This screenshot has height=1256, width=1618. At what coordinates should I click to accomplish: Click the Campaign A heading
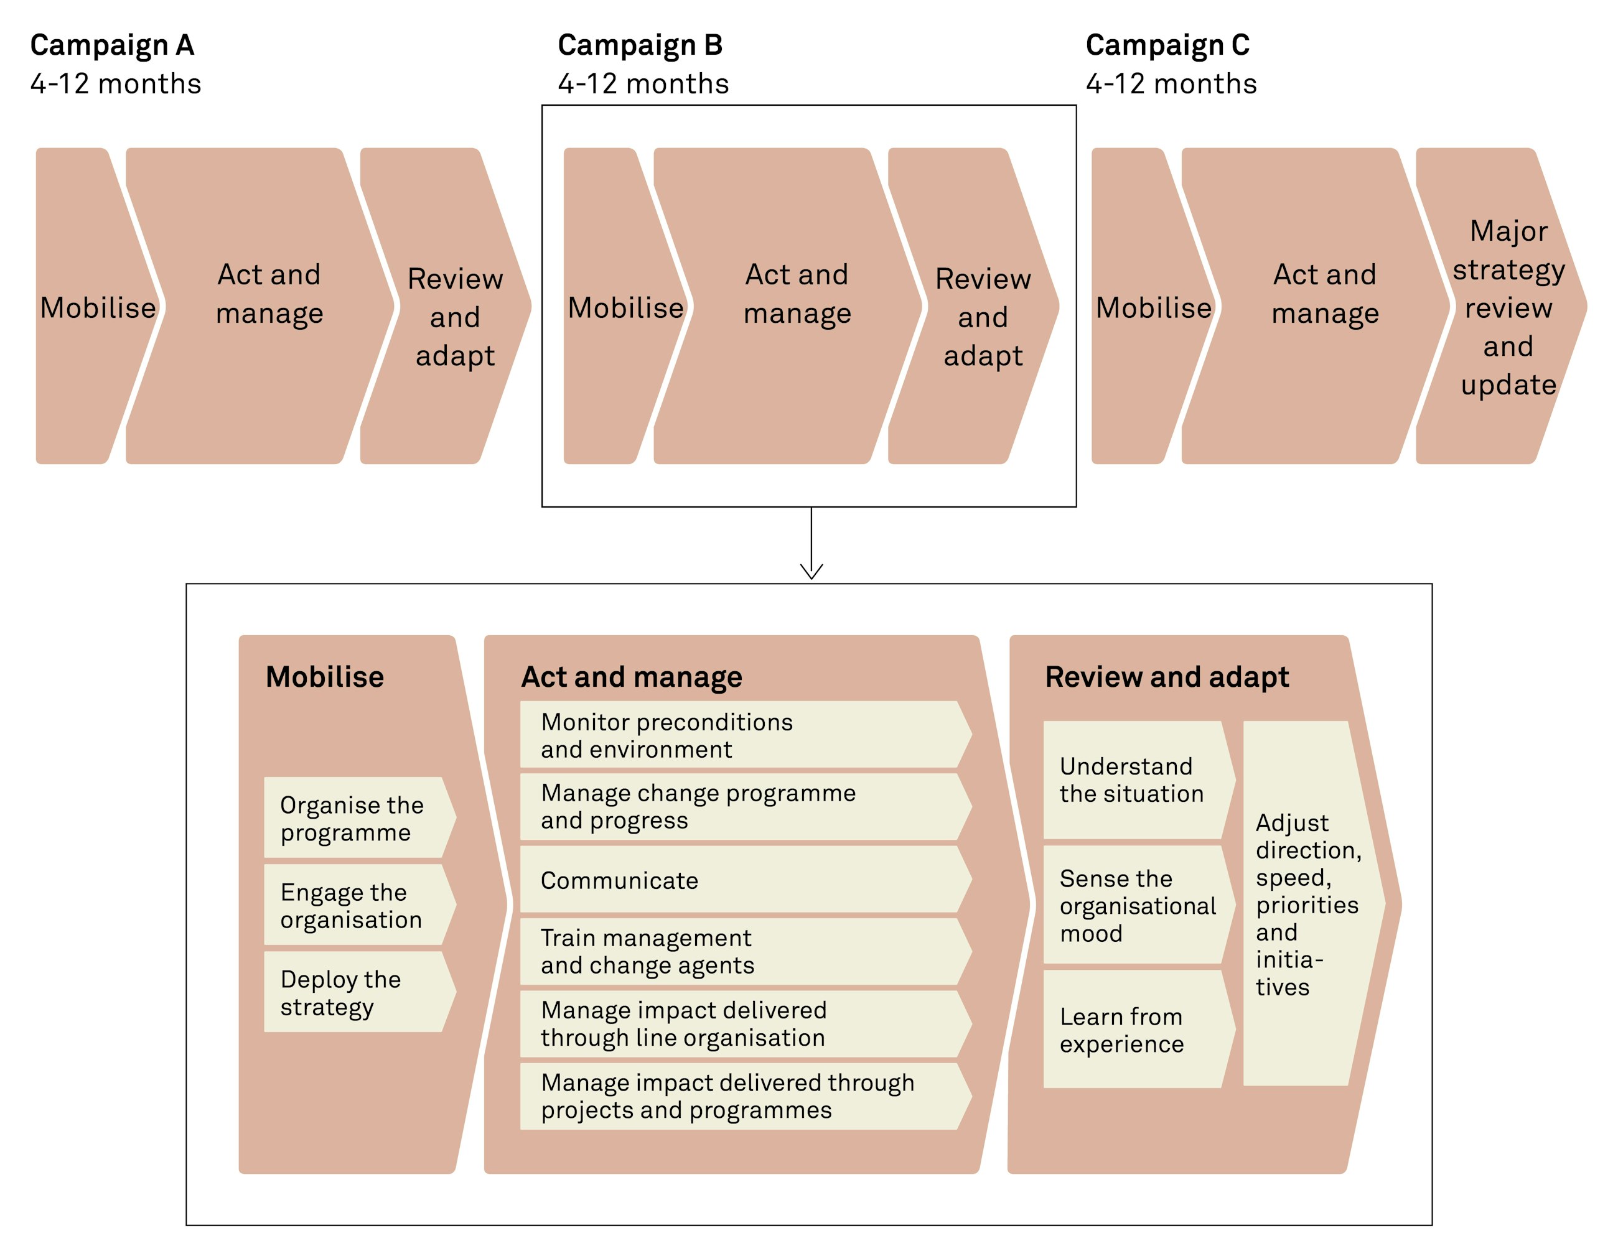112,45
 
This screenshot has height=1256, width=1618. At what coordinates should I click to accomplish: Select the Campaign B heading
640,45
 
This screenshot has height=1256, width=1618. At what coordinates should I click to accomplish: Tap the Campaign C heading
1167,45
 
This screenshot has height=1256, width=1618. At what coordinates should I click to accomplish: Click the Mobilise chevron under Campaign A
93,307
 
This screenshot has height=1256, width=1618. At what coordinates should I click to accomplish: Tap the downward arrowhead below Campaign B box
811,571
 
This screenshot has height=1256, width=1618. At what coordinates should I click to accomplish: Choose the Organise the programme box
353,817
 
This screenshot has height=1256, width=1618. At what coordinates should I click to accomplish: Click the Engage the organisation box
353,905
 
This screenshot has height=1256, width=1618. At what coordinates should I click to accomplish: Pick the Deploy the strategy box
353,992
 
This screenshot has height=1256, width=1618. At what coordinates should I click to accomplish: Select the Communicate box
741,880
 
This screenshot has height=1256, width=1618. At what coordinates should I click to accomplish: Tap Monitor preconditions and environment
741,735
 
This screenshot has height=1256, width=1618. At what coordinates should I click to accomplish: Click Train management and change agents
741,952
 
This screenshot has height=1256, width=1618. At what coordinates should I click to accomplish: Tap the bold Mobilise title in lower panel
324,677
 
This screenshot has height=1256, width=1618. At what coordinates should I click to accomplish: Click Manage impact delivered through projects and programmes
741,1096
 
